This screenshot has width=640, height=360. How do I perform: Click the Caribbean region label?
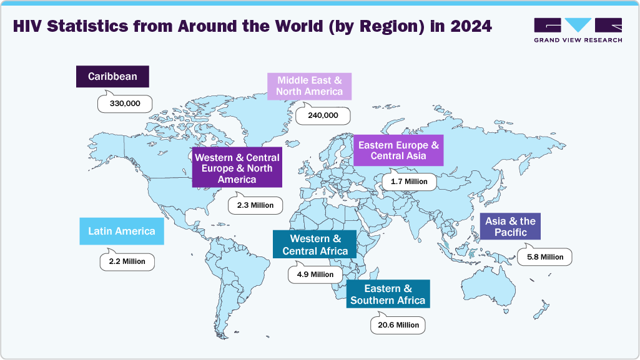coord(112,77)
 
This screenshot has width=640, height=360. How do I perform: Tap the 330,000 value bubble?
coord(125,103)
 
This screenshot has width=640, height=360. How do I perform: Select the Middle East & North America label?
coord(310,86)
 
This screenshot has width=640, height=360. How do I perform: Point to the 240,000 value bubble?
coord(322,115)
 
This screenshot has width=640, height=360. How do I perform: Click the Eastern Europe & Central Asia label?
coord(398,150)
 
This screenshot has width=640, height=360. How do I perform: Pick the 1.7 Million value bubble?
coord(409,182)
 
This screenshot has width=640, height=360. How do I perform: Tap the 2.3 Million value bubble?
coord(255,205)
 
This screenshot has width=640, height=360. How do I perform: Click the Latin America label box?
coord(121,231)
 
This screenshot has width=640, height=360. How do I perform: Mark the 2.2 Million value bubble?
coord(127,261)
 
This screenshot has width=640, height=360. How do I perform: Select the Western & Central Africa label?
coord(315,245)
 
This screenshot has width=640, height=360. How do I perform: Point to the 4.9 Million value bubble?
coord(315,274)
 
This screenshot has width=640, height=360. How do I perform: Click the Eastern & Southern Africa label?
coord(388,294)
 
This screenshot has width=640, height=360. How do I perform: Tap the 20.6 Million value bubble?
coord(398,325)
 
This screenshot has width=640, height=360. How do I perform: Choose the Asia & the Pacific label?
coord(510,226)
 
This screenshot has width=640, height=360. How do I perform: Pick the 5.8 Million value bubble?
coord(544,256)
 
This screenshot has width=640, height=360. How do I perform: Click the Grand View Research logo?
coord(578,30)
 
